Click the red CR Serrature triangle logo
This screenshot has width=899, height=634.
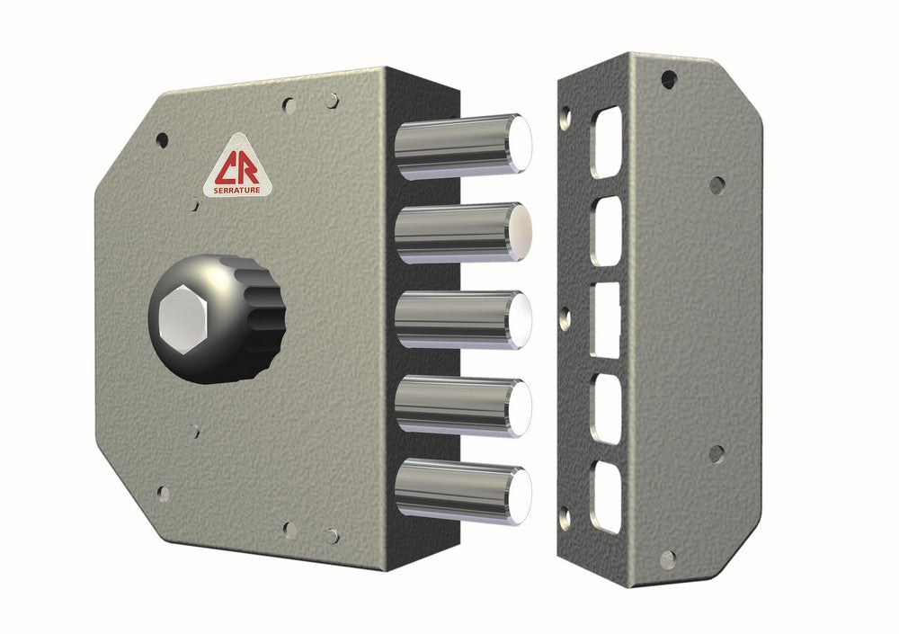pos(233,166)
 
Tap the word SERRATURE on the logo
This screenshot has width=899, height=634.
pos(233,189)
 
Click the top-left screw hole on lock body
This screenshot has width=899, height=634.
pos(162,140)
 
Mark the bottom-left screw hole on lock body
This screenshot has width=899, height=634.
pos(163,493)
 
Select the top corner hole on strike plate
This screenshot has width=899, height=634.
pos(668,79)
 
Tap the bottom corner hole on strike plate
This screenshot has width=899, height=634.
pos(667,560)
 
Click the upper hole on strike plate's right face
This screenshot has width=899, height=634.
pos(716,185)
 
